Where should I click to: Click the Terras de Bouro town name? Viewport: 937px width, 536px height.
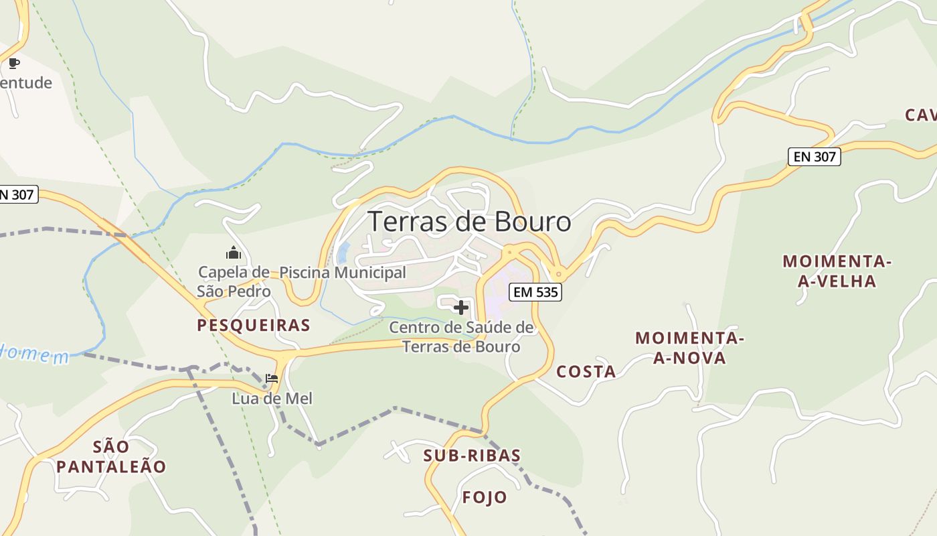(x=469, y=222)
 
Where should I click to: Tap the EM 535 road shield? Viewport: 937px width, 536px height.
(x=535, y=292)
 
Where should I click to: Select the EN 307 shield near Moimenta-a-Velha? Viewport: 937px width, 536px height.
(x=813, y=157)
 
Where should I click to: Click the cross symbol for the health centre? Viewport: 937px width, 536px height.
(x=461, y=308)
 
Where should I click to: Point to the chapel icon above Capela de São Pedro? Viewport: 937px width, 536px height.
(x=234, y=253)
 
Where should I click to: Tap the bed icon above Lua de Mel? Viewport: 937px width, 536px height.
(x=272, y=379)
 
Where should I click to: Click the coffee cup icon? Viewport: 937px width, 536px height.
(x=14, y=64)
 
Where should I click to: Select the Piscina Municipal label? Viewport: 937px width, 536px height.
(x=342, y=273)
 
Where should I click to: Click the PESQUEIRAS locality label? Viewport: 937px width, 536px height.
(x=254, y=326)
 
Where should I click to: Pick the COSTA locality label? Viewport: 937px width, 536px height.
(x=586, y=372)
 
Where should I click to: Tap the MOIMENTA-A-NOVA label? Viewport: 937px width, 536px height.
(x=689, y=348)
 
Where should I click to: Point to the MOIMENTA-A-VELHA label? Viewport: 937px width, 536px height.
(x=837, y=271)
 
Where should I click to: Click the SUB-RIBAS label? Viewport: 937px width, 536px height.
(x=472, y=456)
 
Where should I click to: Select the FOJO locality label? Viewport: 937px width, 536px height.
(x=485, y=497)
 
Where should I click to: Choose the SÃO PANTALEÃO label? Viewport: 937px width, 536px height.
(x=111, y=456)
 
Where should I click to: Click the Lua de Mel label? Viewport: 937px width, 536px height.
(x=272, y=399)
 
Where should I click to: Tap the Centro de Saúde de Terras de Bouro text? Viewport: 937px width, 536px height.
(x=461, y=337)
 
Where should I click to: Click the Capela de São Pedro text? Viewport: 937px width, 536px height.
(x=234, y=281)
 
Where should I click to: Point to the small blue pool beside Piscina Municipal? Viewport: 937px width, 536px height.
(x=343, y=253)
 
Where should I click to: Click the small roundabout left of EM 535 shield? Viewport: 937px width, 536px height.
(x=510, y=253)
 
